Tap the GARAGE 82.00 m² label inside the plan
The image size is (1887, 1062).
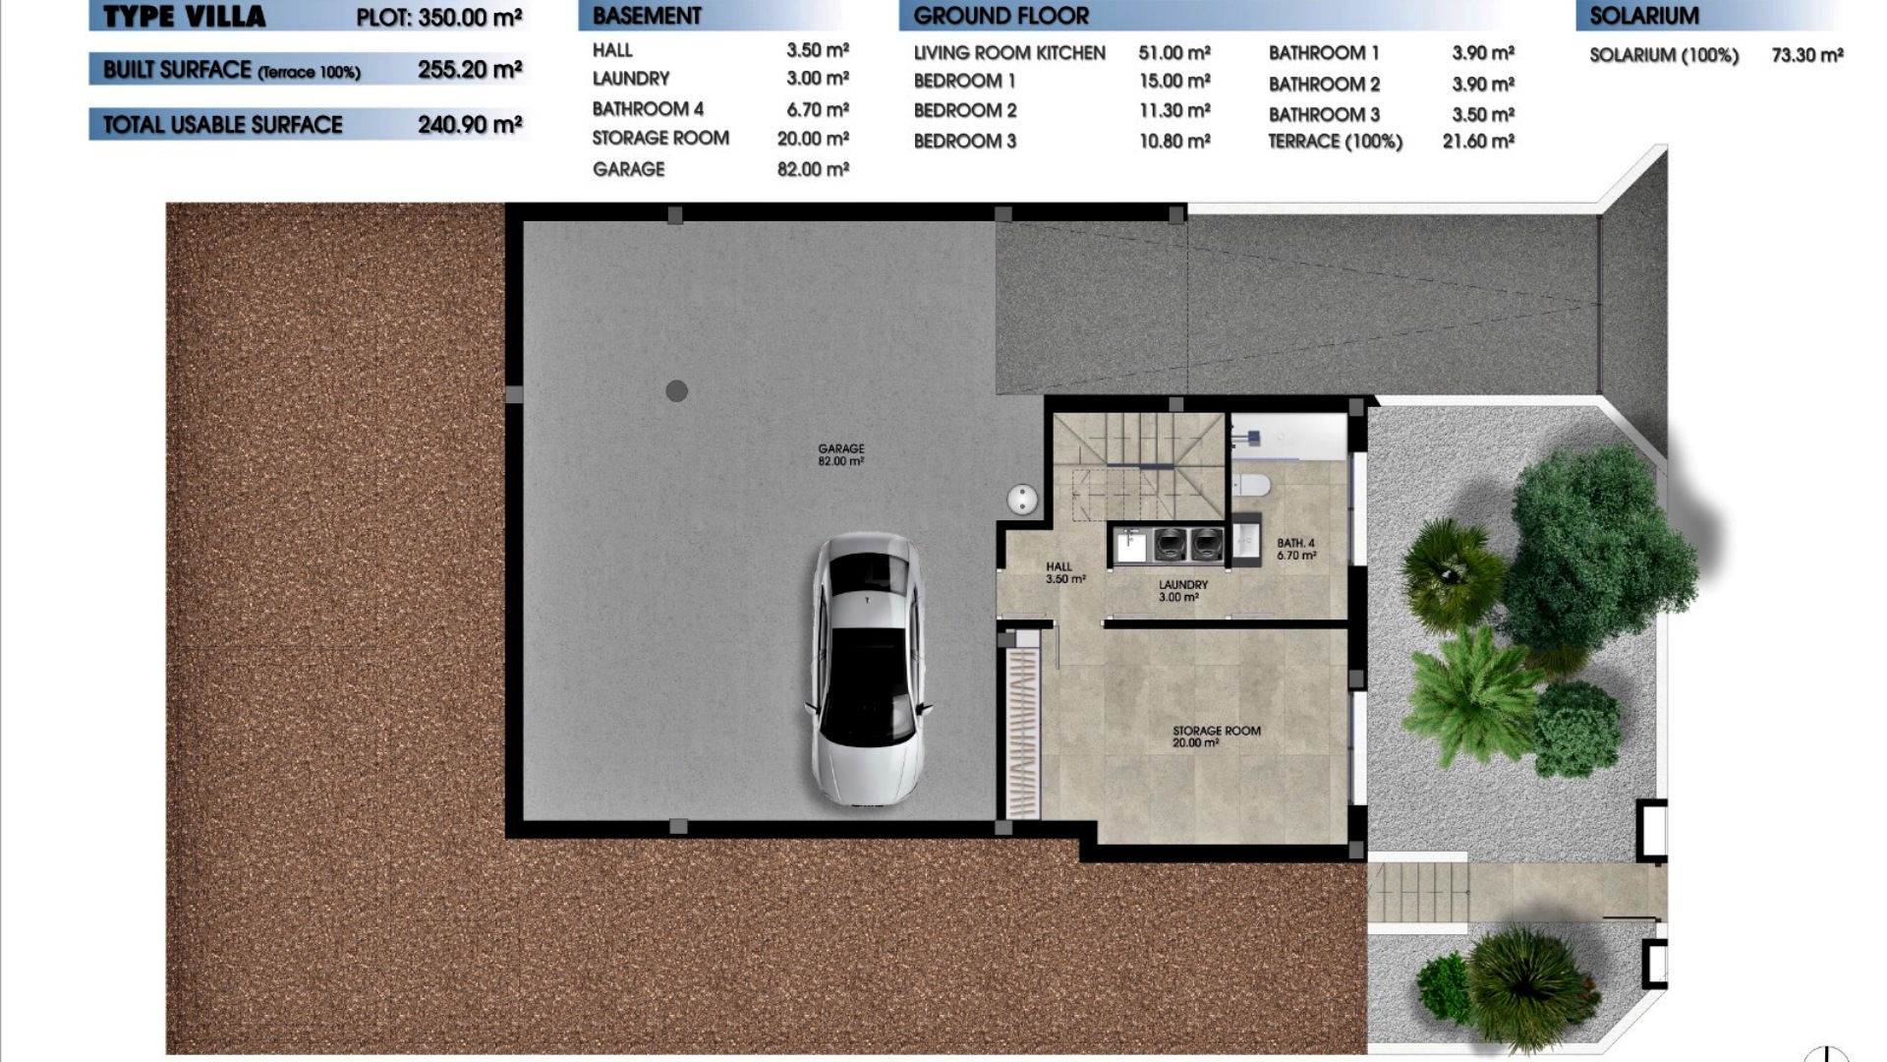[x=841, y=454]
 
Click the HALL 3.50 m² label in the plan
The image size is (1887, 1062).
[x=1065, y=573]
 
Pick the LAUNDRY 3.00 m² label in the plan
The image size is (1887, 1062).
[x=1182, y=590]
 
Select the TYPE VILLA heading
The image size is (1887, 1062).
[x=184, y=17]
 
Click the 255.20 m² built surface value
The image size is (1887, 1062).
[x=470, y=69]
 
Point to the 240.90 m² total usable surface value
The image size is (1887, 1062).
[x=470, y=124]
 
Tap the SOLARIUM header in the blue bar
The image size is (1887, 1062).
[x=1644, y=16]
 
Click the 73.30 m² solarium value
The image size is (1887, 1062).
[x=1807, y=55]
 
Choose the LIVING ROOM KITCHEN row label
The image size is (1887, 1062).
[x=1009, y=53]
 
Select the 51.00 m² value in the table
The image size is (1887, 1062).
[x=1174, y=53]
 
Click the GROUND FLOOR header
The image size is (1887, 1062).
[x=1001, y=16]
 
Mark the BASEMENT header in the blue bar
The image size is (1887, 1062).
[x=647, y=16]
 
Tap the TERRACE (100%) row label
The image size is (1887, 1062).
[x=1335, y=142]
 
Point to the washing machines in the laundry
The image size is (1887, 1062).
[x=1188, y=544]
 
